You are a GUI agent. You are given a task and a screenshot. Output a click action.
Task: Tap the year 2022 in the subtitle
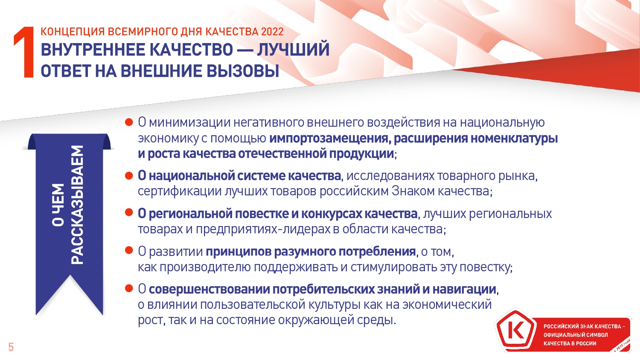(272, 32)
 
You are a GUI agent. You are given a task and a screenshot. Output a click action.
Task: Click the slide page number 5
(11, 347)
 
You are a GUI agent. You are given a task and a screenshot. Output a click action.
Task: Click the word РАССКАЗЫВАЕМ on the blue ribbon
(77, 205)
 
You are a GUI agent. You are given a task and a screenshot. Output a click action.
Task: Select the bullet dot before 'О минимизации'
(129, 122)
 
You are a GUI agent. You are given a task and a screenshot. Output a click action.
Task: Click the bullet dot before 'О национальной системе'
(129, 175)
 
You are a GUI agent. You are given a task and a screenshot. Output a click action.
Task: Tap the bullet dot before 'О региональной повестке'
(129, 212)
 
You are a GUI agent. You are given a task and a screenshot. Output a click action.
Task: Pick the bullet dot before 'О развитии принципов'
(129, 250)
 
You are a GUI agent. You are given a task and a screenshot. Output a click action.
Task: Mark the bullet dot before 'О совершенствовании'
(129, 288)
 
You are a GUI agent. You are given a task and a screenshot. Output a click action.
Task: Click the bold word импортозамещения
(330, 139)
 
